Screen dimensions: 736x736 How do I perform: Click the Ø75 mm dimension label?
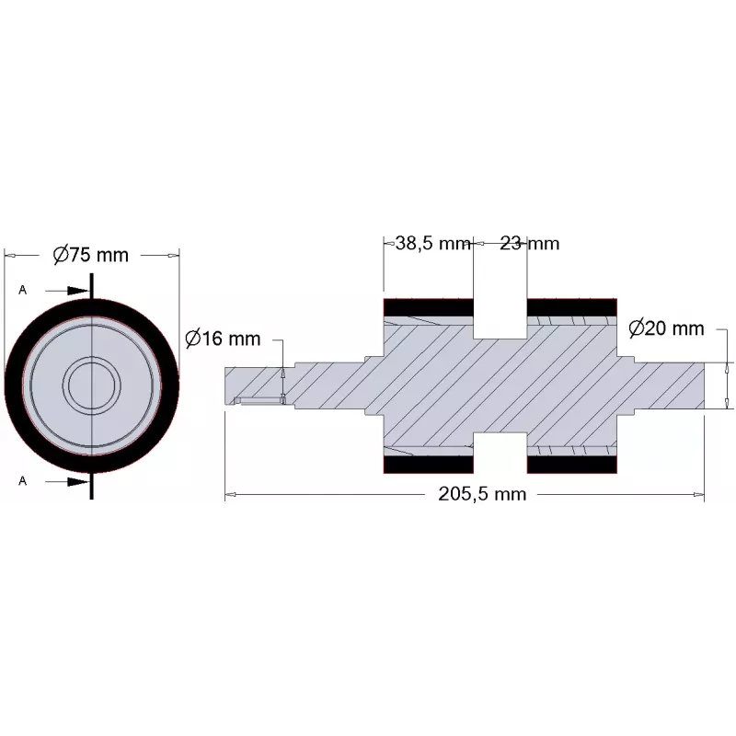(x=90, y=255)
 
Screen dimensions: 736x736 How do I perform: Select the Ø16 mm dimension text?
(x=223, y=339)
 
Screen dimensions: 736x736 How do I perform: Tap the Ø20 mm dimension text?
(x=666, y=328)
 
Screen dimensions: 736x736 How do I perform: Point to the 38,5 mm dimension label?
(x=432, y=243)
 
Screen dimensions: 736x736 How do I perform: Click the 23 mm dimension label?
(x=530, y=243)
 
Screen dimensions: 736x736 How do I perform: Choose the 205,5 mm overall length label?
(x=482, y=494)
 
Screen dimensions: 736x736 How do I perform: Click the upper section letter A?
(x=22, y=290)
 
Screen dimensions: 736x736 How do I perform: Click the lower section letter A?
(x=22, y=480)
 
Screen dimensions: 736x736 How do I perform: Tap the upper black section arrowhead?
(x=78, y=291)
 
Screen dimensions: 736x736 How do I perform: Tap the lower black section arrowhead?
(x=78, y=481)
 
